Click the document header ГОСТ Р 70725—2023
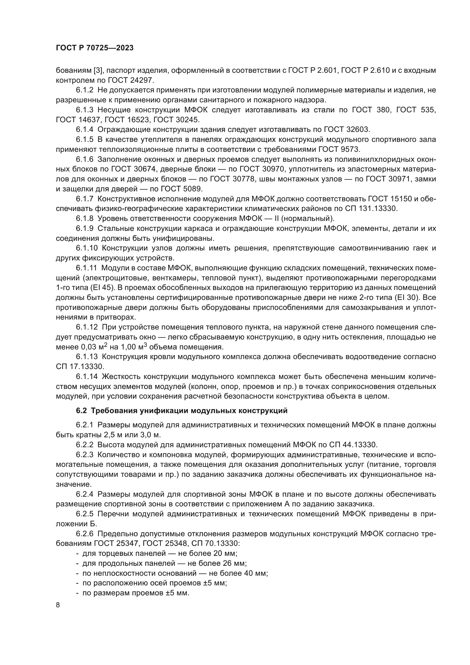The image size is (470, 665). pyautogui.click(x=95, y=48)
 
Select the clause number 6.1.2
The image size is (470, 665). pyautogui.click(x=84, y=90)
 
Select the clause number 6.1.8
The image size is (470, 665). pyautogui.click(x=84, y=218)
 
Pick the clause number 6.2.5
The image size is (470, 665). pyautogui.click(x=84, y=514)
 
